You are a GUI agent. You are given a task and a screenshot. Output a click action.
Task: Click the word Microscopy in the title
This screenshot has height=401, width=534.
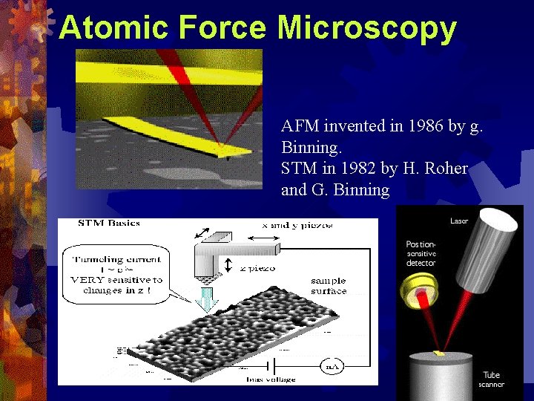[x=366, y=27]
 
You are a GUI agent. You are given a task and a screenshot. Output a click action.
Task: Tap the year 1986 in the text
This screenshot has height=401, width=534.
[x=428, y=126]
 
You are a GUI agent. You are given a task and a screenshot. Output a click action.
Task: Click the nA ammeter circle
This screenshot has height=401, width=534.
[x=331, y=365]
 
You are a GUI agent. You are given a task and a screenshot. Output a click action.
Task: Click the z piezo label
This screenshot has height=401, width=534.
[x=258, y=268]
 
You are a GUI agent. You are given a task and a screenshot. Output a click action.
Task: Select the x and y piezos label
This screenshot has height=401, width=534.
[x=297, y=225]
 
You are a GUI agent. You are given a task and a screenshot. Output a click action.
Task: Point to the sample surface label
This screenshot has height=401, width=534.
[x=329, y=286]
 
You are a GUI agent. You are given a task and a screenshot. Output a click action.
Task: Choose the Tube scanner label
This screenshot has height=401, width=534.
[x=491, y=379]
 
